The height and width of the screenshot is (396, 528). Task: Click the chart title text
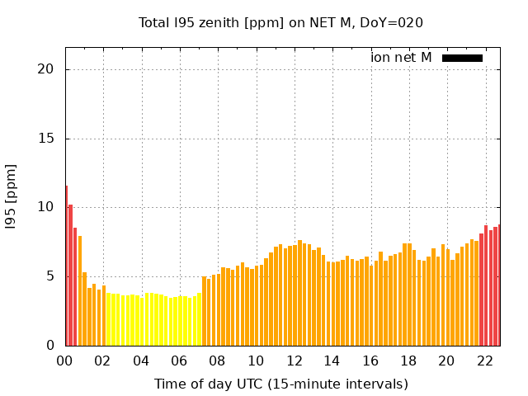(x=280, y=22)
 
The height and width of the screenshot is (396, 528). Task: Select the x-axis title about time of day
(x=280, y=384)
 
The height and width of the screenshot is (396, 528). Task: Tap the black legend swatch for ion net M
(x=462, y=58)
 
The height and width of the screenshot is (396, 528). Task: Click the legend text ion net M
(x=401, y=58)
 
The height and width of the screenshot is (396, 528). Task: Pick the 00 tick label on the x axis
(x=65, y=361)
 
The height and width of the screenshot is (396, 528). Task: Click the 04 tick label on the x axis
(x=141, y=361)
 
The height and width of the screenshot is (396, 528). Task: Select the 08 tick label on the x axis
(x=218, y=361)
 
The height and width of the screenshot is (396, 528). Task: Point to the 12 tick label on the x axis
(x=294, y=361)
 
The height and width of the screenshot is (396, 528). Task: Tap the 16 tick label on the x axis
(x=370, y=361)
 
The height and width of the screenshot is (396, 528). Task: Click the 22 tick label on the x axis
(x=485, y=361)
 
